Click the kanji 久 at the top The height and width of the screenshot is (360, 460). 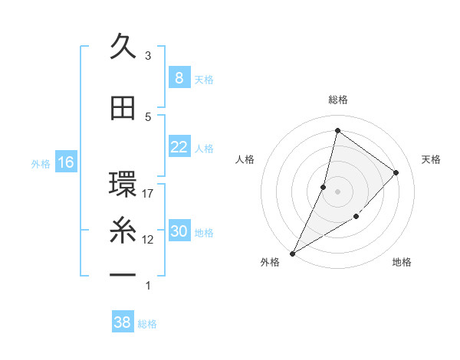click(x=123, y=47)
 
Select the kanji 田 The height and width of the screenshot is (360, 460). click(x=123, y=109)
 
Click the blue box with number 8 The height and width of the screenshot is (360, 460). click(x=179, y=78)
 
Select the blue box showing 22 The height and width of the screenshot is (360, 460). click(x=179, y=147)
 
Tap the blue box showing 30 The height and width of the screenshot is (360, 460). click(x=179, y=231)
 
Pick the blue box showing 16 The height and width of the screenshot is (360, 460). click(x=65, y=162)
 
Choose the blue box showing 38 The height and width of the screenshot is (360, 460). click(x=122, y=322)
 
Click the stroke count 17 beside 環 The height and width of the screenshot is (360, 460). click(x=148, y=194)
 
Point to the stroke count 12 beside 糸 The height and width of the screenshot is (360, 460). click(x=148, y=240)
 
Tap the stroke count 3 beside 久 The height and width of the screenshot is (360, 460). click(x=148, y=56)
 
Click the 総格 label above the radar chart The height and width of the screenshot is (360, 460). click(x=337, y=100)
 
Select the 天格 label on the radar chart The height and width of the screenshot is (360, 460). click(x=431, y=159)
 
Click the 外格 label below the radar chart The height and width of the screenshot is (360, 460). click(x=270, y=262)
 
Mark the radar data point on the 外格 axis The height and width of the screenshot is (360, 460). click(x=292, y=253)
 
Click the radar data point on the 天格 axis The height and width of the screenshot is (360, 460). click(x=396, y=172)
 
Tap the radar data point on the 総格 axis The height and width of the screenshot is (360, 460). click(x=337, y=131)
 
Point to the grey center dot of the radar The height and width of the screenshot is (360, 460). click(x=337, y=191)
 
